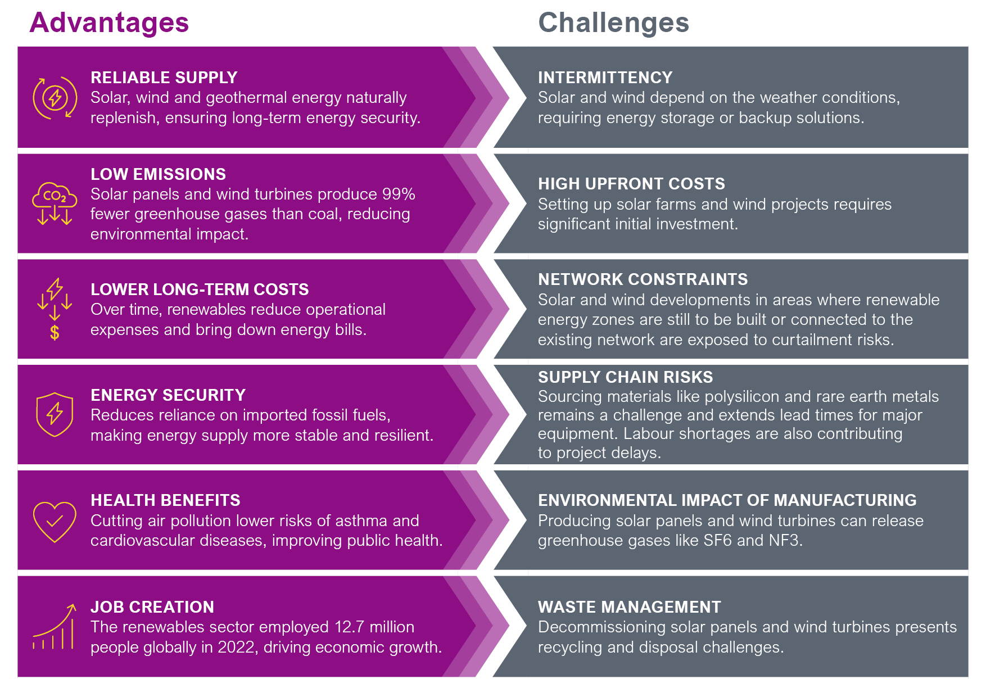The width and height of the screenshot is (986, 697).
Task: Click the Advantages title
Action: tap(109, 23)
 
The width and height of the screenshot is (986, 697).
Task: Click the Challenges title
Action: tap(613, 23)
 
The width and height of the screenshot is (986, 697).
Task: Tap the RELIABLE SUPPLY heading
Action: tap(164, 78)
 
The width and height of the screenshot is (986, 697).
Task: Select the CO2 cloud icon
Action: tap(55, 195)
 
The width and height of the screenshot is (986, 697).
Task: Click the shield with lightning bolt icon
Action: tap(55, 415)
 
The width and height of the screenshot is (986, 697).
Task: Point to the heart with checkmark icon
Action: tap(55, 521)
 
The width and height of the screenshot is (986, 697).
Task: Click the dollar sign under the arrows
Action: tap(55, 333)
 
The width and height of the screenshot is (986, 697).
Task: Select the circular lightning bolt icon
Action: tap(55, 98)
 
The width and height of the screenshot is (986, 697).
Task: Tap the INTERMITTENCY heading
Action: tap(605, 78)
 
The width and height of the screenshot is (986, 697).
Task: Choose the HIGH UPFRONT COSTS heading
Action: tap(631, 184)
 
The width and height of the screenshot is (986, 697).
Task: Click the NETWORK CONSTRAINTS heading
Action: tap(643, 279)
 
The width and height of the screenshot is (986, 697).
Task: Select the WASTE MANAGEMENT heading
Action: tap(629, 607)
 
